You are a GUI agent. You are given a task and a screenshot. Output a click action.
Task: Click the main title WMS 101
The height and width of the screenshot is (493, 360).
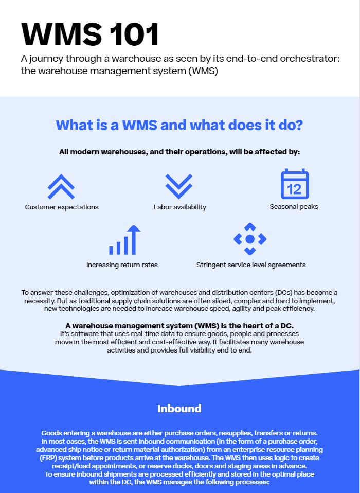click(x=90, y=34)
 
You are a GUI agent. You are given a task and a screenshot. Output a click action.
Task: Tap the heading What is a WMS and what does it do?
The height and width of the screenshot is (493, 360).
click(x=179, y=125)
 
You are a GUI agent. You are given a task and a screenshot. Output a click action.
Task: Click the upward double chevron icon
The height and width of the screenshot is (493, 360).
click(x=61, y=187)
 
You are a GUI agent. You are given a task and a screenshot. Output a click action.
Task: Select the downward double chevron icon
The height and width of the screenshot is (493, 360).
click(x=179, y=186)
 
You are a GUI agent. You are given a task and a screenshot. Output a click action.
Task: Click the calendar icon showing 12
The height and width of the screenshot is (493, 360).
click(x=295, y=184)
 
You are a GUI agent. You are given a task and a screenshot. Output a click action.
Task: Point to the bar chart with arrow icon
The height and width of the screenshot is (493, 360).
click(x=124, y=240)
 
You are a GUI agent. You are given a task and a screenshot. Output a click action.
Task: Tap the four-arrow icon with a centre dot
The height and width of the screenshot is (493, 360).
click(x=250, y=239)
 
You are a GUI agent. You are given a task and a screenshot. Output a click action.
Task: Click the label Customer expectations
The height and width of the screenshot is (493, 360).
click(x=62, y=207)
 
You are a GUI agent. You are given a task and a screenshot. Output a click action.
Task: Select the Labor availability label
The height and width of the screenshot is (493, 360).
click(x=180, y=207)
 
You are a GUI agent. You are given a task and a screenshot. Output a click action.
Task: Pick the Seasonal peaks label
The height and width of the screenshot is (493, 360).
click(x=294, y=207)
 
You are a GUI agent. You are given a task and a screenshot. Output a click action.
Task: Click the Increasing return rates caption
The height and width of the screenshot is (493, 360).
click(x=122, y=265)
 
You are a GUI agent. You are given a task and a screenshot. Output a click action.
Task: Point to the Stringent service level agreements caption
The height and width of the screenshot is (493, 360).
click(x=251, y=265)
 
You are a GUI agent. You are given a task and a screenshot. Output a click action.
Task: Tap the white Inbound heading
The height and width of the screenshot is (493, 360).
click(x=179, y=409)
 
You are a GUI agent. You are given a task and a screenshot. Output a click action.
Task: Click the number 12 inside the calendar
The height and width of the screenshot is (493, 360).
click(x=294, y=189)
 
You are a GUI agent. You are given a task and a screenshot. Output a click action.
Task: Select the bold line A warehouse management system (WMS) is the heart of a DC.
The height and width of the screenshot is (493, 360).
click(x=179, y=325)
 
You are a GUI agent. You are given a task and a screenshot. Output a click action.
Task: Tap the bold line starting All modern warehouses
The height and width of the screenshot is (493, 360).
click(x=179, y=152)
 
